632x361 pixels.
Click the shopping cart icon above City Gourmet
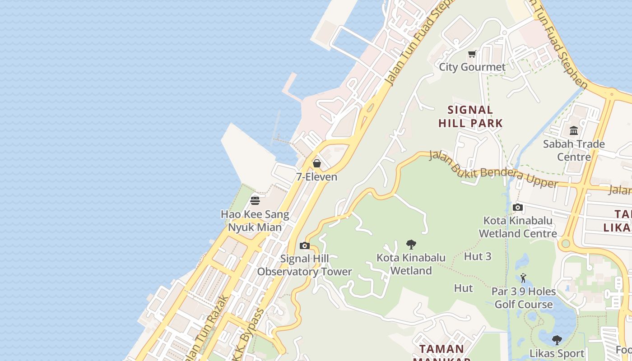pyautogui.click(x=472, y=54)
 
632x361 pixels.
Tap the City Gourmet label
pyautogui.click(x=472, y=67)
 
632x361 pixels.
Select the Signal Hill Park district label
pyautogui.click(x=470, y=116)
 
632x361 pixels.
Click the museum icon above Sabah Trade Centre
pyautogui.click(x=574, y=131)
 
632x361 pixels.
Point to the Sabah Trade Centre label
pyautogui.click(x=574, y=150)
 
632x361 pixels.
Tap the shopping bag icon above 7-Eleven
pyautogui.click(x=317, y=163)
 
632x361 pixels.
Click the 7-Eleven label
pyautogui.click(x=317, y=177)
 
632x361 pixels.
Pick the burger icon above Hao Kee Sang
pyautogui.click(x=255, y=200)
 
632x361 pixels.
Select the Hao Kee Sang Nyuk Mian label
pyautogui.click(x=255, y=221)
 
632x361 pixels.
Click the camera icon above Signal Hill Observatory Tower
pyautogui.click(x=305, y=246)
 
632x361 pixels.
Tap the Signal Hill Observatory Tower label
pyautogui.click(x=305, y=265)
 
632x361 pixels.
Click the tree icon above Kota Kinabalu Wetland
pyautogui.click(x=411, y=245)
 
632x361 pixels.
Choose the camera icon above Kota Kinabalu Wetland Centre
pyautogui.click(x=518, y=208)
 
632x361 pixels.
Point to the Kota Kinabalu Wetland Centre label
pyautogui.click(x=518, y=227)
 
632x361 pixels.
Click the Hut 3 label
pyautogui.click(x=478, y=256)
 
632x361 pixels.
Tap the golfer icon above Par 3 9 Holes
pyautogui.click(x=524, y=278)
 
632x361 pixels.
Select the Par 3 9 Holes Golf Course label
pyautogui.click(x=524, y=298)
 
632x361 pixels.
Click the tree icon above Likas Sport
pyautogui.click(x=557, y=340)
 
